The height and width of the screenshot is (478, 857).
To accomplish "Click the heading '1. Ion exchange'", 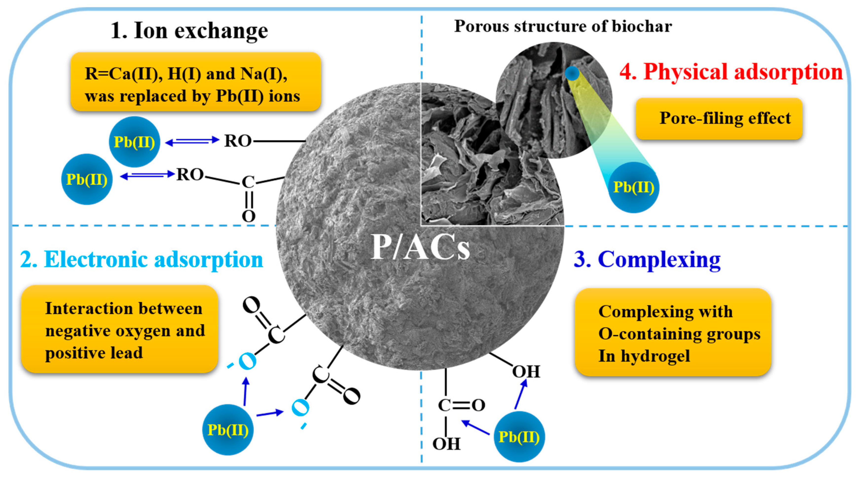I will (x=189, y=31).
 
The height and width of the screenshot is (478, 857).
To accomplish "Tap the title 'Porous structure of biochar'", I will (x=563, y=26).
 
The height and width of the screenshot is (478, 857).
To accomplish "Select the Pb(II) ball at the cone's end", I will (x=634, y=187).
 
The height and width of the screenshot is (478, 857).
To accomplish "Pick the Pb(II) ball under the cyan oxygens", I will (x=228, y=430).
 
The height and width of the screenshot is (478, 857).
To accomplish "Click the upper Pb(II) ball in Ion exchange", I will (x=134, y=142).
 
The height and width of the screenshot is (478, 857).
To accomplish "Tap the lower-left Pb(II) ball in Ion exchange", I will (x=87, y=179).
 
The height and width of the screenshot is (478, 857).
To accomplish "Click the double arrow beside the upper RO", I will (x=192, y=141).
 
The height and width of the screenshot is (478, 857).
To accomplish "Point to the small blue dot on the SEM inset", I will (x=572, y=73).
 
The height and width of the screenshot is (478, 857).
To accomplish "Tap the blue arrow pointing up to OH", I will (x=521, y=394).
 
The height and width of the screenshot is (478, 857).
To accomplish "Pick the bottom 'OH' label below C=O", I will (x=446, y=444).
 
